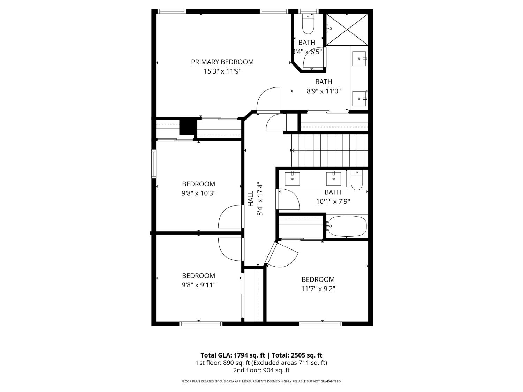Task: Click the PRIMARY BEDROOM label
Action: [x=222, y=62]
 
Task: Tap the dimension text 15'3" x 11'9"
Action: [x=222, y=71]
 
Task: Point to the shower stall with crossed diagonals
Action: [x=347, y=30]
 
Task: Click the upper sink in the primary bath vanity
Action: [x=359, y=59]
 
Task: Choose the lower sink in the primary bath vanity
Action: [x=359, y=99]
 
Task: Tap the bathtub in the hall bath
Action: [x=347, y=226]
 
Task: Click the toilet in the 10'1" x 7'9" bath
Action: [x=357, y=180]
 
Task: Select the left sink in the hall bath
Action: [x=292, y=179]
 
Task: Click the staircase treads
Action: [x=329, y=151]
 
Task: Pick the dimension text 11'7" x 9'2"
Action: [x=318, y=289]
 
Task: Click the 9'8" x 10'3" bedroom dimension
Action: [x=198, y=193]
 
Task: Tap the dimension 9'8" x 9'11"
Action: [x=198, y=285]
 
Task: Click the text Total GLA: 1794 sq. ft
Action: [x=233, y=355]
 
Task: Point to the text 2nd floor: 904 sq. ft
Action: [x=261, y=370]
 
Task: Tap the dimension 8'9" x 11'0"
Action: [x=324, y=91]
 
